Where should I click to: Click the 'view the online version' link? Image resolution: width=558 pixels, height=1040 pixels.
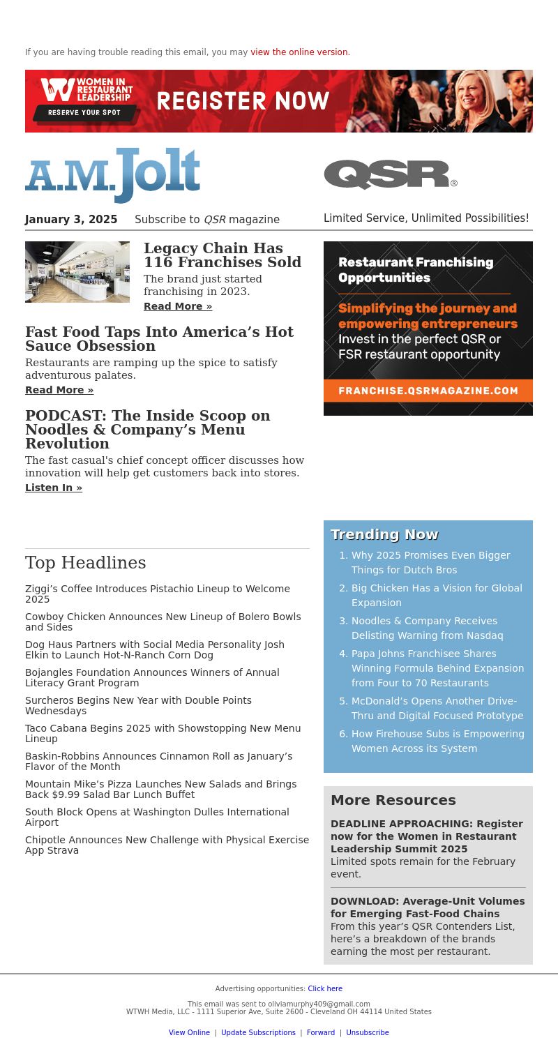300,52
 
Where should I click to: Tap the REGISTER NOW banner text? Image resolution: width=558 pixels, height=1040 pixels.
243,101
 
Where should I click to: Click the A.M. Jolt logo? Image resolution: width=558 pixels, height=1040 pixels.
112,175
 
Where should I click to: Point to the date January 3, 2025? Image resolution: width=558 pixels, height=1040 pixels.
71,220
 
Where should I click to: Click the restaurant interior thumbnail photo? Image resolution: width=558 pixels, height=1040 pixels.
77,272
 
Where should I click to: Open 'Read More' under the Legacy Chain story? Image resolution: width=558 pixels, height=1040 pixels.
178,306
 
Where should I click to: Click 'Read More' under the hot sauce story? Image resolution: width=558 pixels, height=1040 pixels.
59,390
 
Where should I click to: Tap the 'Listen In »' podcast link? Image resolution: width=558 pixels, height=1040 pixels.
54,488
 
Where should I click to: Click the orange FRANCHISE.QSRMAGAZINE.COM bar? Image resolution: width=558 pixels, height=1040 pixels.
428,391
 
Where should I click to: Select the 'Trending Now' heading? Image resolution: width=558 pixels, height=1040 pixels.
384,534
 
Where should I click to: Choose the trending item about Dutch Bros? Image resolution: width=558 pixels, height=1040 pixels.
430,562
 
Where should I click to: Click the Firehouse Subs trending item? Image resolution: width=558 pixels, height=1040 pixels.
437,741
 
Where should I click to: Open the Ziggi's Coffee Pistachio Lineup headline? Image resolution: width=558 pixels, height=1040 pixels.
158,594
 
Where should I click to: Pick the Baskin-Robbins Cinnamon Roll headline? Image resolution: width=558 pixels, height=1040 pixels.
158,761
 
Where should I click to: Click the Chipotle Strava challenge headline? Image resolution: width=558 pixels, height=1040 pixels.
167,845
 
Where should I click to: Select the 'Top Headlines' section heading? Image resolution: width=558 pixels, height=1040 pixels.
86,563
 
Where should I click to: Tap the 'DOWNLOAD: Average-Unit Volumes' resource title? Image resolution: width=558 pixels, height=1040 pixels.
428,907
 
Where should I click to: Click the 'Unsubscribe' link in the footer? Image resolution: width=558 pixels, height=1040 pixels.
368,1032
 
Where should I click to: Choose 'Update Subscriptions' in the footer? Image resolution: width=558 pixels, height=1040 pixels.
258,1032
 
